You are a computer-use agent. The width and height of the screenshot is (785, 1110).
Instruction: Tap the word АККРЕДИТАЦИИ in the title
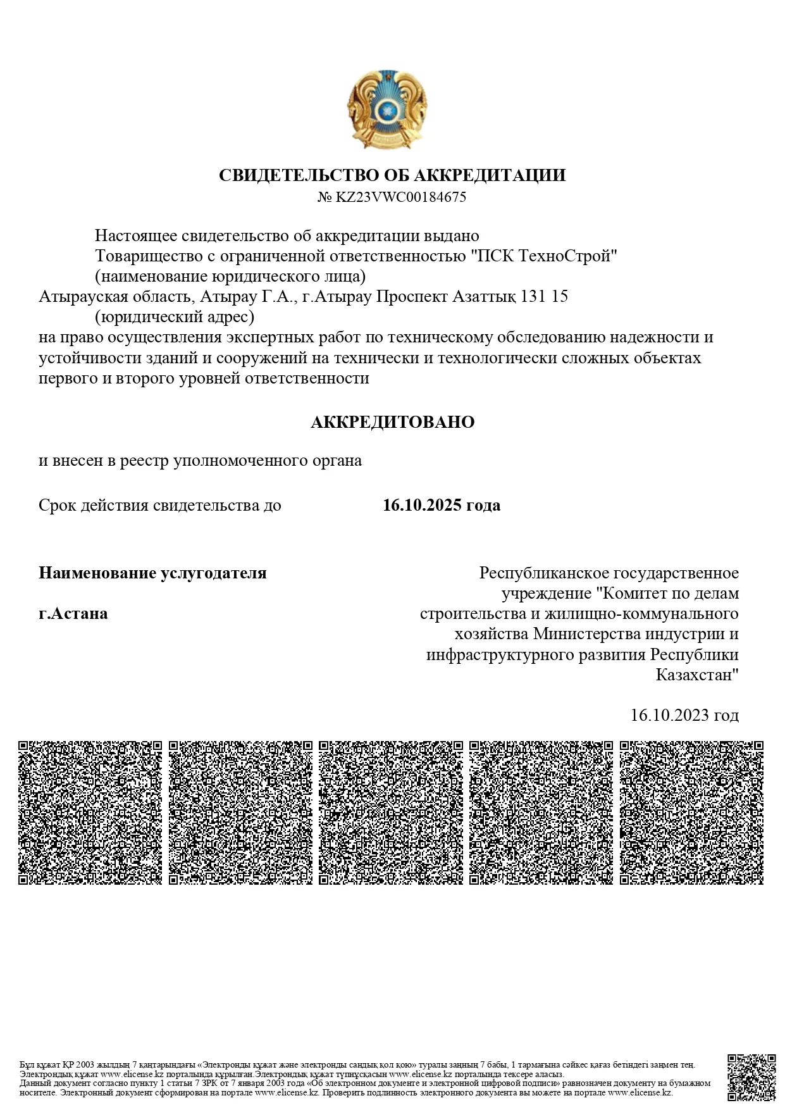490,175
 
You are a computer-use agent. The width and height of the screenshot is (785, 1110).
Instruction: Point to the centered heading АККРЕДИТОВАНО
392,422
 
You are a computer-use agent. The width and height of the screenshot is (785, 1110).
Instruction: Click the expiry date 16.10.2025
423,505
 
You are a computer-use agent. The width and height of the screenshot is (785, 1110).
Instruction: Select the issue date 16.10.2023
670,715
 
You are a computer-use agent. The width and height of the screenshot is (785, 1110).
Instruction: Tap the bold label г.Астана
73,613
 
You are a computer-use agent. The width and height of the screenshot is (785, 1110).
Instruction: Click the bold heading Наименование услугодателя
152,573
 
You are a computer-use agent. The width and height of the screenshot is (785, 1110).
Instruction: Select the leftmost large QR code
90,813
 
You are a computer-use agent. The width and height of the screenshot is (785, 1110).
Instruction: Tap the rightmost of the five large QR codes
691,813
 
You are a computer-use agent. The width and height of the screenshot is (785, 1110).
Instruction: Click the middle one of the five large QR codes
391,813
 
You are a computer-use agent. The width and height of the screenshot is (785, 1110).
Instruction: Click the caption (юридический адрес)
175,316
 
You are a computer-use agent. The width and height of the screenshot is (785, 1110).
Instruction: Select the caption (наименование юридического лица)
230,277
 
